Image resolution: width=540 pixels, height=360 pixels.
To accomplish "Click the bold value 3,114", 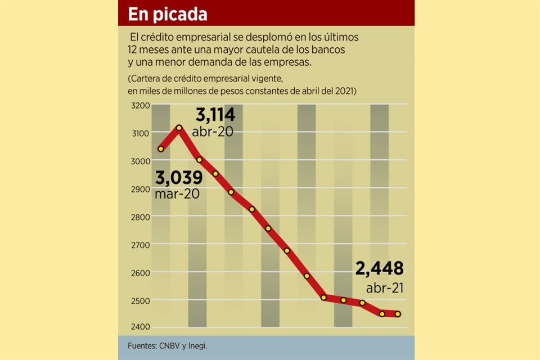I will (x=215, y=116).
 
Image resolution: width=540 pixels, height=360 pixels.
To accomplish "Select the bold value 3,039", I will (x=178, y=178).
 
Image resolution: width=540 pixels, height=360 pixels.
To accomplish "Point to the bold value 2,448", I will (x=379, y=269).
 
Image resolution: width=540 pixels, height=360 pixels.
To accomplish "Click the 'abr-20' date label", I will (x=213, y=132).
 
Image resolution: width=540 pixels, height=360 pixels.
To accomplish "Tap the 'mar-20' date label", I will (x=178, y=194).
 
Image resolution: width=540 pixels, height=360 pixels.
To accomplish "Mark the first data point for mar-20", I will (x=161, y=149).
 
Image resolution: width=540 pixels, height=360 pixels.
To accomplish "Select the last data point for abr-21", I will (x=398, y=314).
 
